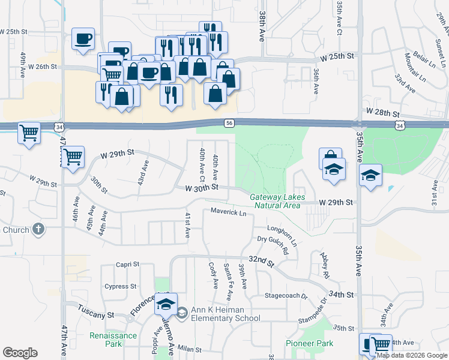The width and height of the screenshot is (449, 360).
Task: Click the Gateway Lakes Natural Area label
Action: [277, 201]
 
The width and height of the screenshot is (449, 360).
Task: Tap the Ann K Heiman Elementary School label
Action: [226, 314]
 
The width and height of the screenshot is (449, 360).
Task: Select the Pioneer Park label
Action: [309, 344]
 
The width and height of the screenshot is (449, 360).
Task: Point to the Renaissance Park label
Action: [113, 340]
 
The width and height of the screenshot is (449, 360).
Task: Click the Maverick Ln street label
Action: [228, 212]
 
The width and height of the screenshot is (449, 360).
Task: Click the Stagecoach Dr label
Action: [286, 296]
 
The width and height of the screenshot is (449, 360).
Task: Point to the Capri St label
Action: [127, 264]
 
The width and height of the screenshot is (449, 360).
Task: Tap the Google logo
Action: [20, 353]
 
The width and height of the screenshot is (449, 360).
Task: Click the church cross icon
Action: [38, 229]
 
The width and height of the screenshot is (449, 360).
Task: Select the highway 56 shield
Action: [229, 123]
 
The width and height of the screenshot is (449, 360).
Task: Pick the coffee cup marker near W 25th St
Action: [83, 38]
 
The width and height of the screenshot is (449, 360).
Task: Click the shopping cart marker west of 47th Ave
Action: [28, 132]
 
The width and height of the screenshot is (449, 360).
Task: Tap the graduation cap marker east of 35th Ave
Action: [371, 175]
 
